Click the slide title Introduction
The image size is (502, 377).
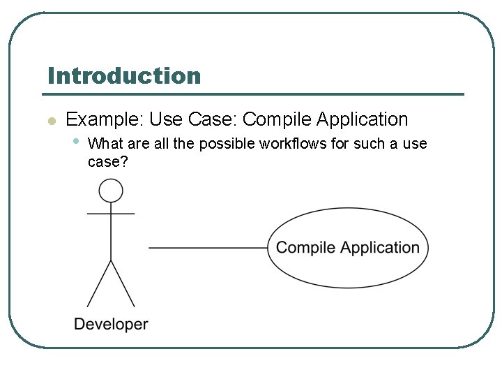[124, 75]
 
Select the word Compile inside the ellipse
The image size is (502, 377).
[306, 248]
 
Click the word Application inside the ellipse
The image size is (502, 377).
[379, 248]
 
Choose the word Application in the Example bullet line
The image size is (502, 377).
[362, 119]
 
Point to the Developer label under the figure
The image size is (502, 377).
[111, 324]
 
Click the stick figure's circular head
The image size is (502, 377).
[111, 191]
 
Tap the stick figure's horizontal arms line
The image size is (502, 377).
[111, 214]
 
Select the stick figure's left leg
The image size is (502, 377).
[98, 284]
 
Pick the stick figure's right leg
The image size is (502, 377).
[123, 284]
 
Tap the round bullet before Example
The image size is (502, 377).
[50, 121]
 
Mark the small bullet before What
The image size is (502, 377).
[77, 142]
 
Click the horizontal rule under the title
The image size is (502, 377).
[255, 94]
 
